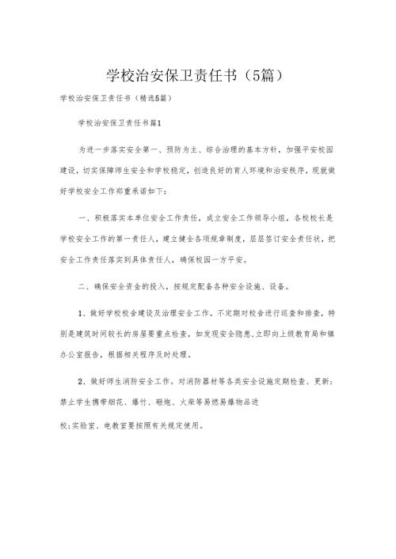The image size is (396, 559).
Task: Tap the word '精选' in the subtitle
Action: tap(148, 101)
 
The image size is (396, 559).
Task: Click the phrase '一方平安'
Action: tap(230, 258)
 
